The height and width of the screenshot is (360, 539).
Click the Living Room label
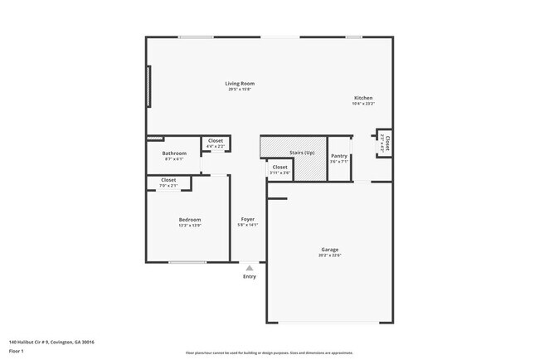240,83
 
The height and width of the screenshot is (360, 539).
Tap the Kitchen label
363,98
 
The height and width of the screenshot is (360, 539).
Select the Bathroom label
174,153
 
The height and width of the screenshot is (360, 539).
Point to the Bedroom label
190,219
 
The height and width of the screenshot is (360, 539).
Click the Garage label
330,250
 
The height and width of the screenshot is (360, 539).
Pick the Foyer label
248,219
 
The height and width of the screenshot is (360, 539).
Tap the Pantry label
339,156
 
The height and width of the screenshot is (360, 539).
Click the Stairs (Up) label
302,153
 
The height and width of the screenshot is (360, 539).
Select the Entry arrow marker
250,268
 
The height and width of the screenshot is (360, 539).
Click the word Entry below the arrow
250,276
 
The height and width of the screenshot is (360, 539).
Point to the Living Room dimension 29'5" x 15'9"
240,89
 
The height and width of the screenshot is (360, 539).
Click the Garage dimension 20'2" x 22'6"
330,255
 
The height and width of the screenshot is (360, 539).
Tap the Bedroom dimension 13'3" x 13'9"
190,225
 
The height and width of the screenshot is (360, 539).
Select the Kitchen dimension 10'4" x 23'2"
363,104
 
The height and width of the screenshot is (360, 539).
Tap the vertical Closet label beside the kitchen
387,142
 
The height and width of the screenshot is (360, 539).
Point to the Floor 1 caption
17,352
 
